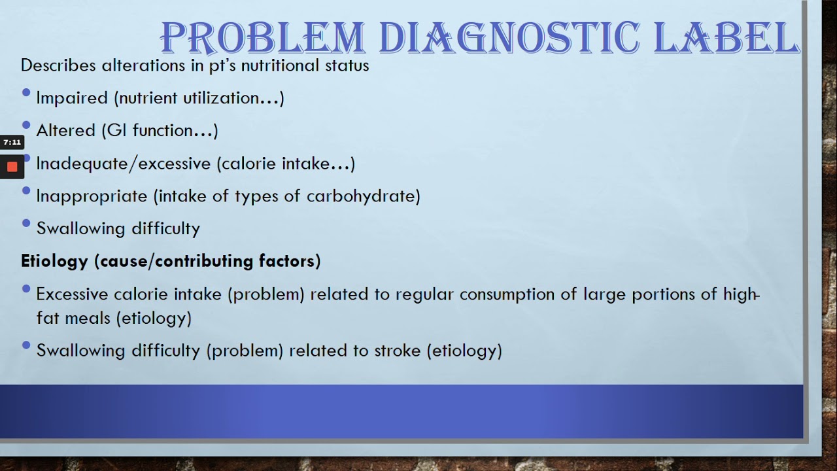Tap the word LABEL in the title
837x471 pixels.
tap(726, 38)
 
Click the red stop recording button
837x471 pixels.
tap(12, 167)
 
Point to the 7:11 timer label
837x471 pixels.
tap(12, 142)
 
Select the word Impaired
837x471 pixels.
tap(72, 98)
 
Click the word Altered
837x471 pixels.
tap(66, 131)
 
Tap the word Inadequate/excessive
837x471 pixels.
tap(124, 164)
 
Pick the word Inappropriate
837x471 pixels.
tap(92, 196)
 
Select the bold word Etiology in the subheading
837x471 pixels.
tap(54, 261)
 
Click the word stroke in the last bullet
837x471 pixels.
tap(397, 351)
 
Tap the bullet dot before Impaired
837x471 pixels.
tap(26, 93)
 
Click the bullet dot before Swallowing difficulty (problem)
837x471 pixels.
tap(26, 345)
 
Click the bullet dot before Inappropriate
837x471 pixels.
tap(26, 191)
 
